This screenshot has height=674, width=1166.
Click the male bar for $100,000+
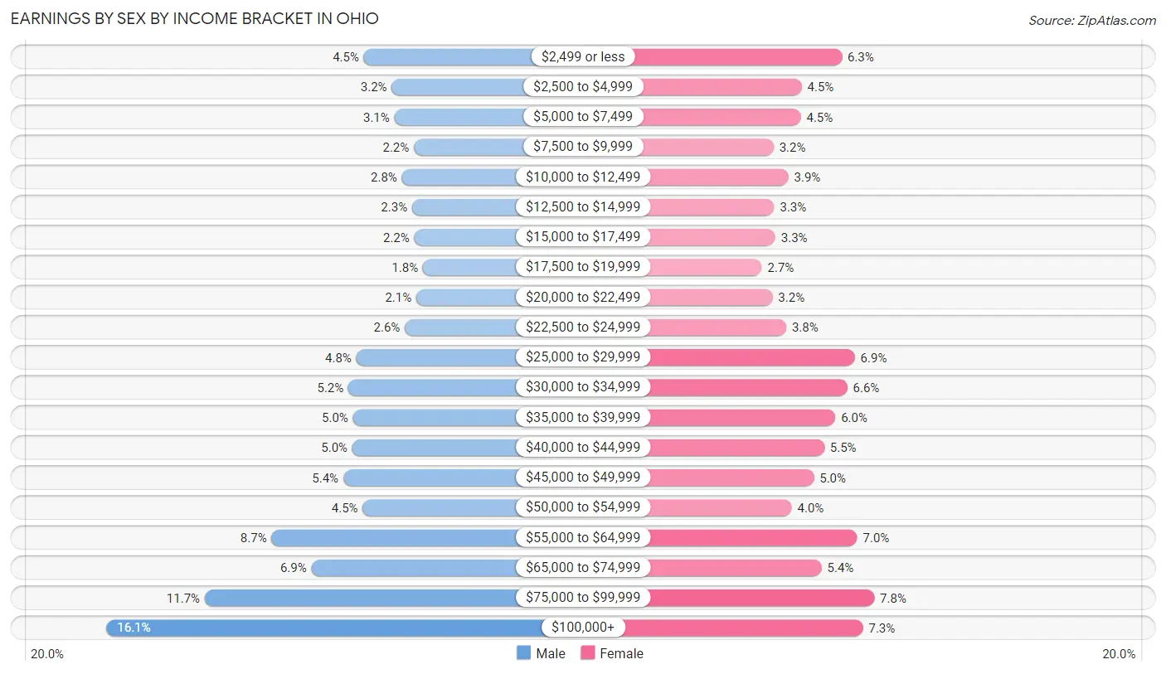point(323,628)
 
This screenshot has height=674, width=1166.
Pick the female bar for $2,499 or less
point(738,56)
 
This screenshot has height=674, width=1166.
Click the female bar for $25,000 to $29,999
point(751,357)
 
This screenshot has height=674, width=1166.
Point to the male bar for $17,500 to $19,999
point(469,267)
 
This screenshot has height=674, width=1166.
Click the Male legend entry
point(541,653)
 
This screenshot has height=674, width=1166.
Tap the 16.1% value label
point(134,628)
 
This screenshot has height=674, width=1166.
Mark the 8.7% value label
point(253,537)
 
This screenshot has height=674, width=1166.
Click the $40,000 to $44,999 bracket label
point(583,448)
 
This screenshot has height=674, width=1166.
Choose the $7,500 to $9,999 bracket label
point(583,147)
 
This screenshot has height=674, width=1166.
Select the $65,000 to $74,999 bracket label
point(583,568)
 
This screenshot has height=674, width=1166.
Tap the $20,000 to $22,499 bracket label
point(583,297)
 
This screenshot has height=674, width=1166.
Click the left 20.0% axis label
point(47,653)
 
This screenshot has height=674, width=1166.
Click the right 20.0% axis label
point(1118,653)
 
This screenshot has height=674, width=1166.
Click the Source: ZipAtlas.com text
point(1091,20)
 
